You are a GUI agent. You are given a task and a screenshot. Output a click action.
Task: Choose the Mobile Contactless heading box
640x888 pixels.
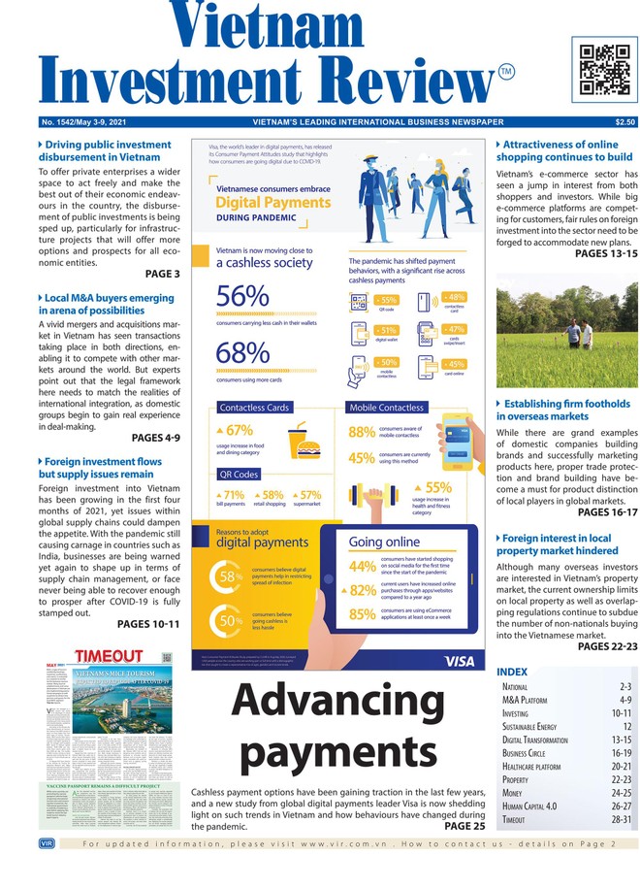[386, 408]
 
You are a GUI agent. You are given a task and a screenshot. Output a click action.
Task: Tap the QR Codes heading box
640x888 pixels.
[240, 475]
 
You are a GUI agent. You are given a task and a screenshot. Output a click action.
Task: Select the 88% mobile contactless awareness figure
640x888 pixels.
[362, 433]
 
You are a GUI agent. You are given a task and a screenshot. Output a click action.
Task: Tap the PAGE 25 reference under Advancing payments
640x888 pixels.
[464, 827]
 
